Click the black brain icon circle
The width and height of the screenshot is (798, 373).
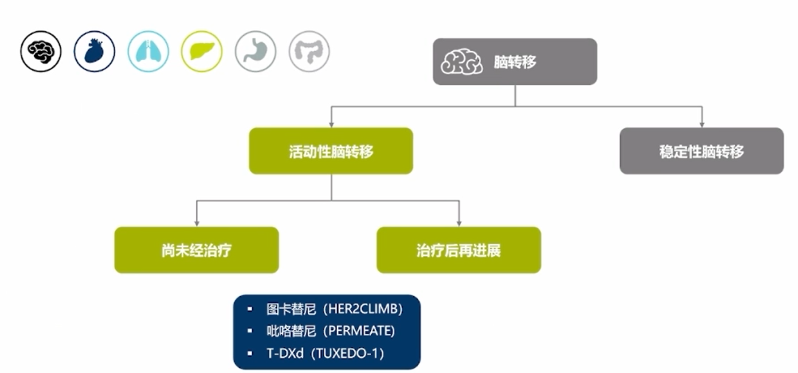(41, 51)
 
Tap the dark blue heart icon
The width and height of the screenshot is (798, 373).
(95, 51)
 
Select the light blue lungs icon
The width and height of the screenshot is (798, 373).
(148, 51)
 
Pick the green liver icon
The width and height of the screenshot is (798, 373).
(202, 51)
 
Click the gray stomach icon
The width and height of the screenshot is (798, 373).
(256, 51)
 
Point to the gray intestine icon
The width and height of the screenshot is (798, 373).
(309, 51)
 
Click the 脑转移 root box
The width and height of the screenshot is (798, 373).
(514, 62)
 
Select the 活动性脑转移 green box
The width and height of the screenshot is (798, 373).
(330, 151)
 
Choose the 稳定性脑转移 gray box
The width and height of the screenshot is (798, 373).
(701, 151)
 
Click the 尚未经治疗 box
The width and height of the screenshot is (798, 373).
(197, 250)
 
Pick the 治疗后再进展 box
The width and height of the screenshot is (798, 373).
(458, 250)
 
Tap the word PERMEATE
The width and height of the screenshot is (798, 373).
(363, 331)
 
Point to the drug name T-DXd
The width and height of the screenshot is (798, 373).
(284, 352)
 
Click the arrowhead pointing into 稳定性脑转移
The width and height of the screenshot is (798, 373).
(701, 123)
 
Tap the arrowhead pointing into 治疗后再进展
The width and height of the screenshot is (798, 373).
(459, 222)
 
